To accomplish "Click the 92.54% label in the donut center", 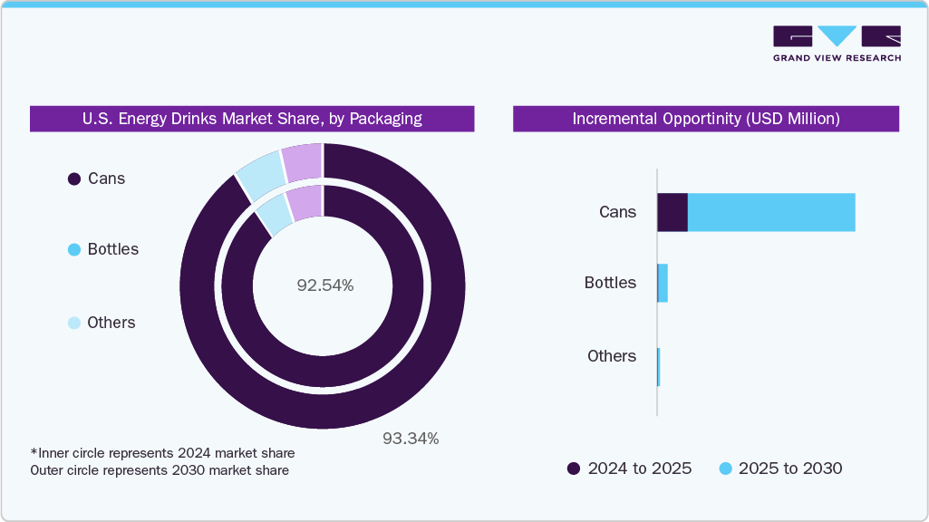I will click(324, 285).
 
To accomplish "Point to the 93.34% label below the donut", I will click(410, 439).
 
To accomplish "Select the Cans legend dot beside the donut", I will click(74, 179).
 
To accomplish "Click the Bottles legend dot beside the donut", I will click(74, 250).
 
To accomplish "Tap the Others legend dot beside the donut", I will click(74, 324).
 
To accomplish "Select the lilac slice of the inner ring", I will click(306, 202).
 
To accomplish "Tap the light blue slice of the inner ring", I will click(275, 215).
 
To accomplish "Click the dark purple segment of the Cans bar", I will click(672, 212).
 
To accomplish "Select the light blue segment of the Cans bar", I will click(771, 212).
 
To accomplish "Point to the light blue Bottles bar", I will click(663, 283).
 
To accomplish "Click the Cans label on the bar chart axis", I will click(617, 212).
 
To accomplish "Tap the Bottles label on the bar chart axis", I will click(610, 283).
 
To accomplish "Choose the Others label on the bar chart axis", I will click(612, 356).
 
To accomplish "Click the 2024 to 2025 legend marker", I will click(573, 469).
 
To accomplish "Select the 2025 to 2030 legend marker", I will click(725, 469).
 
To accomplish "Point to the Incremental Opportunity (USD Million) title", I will click(705, 119).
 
